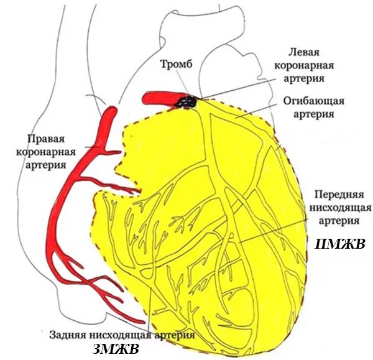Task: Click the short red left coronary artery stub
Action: click(159, 98)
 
